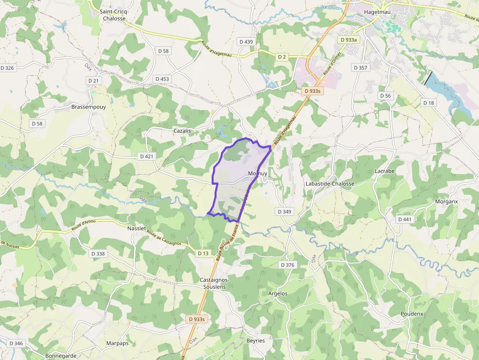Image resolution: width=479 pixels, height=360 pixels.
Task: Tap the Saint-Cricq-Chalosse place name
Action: [114, 15]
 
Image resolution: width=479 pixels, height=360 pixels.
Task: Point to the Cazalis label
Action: [182, 131]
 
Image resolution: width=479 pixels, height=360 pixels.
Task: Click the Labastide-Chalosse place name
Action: [329, 184]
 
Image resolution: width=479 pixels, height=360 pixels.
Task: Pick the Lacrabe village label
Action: [384, 171]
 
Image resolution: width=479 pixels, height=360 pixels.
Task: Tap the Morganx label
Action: [446, 201]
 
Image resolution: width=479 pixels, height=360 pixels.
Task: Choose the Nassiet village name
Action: [136, 228]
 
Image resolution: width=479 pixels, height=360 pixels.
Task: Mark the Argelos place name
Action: [278, 294]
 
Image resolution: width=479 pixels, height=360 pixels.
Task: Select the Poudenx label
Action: [412, 313]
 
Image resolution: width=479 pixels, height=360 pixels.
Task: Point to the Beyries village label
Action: [256, 340]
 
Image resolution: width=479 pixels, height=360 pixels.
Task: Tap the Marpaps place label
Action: [117, 343]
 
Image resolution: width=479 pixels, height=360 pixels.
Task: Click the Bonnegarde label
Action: [61, 356]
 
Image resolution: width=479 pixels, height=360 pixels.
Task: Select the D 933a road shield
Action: [348, 39]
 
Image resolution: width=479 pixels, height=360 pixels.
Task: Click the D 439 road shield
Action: [246, 42]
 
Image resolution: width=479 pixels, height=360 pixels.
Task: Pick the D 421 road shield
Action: [146, 156]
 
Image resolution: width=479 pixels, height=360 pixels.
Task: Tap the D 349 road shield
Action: [284, 212]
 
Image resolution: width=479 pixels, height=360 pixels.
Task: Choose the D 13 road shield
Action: [203, 253]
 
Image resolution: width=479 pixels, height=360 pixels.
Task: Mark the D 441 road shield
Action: [405, 219]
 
